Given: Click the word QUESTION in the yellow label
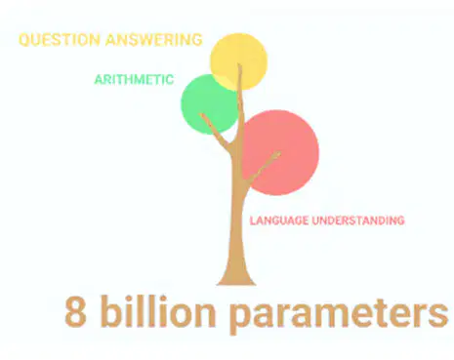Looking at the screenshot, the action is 60,40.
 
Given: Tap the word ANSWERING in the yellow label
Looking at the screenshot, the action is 154,40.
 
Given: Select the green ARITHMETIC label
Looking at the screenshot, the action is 134,80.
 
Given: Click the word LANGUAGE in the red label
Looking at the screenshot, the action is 279,220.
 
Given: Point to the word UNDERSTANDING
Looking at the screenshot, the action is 358,220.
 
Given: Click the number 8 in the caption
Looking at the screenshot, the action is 75,311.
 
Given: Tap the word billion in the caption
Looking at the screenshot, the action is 158,310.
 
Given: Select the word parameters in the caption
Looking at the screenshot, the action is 339,315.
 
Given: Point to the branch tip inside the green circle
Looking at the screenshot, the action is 201,114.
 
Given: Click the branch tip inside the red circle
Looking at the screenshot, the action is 278,153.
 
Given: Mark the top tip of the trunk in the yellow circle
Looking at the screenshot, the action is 239,64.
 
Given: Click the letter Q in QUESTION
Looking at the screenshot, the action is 23,40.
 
